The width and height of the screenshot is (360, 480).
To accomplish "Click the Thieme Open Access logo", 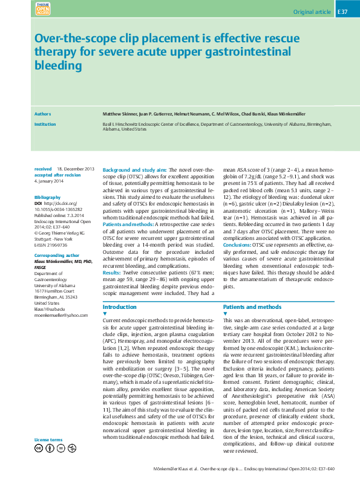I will pyautogui.click(x=43, y=9).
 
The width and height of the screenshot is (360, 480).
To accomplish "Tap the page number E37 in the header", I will pyautogui.click(x=342, y=11).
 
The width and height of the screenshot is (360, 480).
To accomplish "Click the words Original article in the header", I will pyautogui.click(x=312, y=11).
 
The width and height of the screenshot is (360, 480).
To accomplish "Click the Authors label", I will pyautogui.click(x=42, y=113).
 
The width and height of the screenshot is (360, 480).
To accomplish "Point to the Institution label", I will pyautogui.click(x=45, y=123).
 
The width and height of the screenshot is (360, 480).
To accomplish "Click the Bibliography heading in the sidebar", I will pyautogui.click(x=48, y=198).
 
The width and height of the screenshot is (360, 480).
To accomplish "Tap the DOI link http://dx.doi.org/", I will pyautogui.click(x=61, y=203).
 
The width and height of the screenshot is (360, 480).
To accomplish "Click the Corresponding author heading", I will pyautogui.click(x=56, y=256).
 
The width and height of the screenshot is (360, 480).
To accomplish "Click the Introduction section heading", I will pyautogui.click(x=120, y=307).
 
